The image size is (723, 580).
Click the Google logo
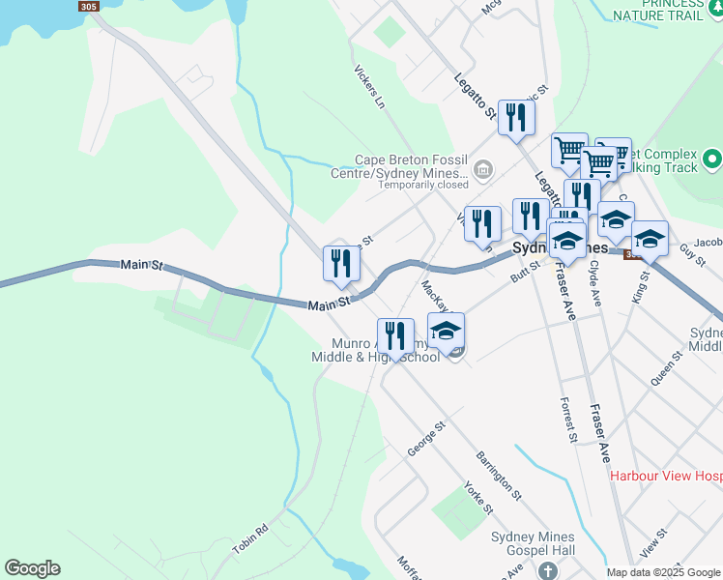point(32,568)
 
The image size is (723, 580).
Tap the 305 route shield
point(89,6)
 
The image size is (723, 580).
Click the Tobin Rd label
point(248,537)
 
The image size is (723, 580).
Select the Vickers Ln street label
point(369,87)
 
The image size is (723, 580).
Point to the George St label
point(425,438)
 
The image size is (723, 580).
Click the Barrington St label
point(498,475)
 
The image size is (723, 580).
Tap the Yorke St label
point(478,497)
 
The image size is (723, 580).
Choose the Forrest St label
point(568,420)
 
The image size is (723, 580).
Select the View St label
point(655,546)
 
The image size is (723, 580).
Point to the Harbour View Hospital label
point(665,476)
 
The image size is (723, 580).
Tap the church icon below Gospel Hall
point(548,570)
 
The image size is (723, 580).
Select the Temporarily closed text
point(422,185)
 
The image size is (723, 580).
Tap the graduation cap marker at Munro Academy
point(446,331)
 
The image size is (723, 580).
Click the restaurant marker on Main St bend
point(341,264)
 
